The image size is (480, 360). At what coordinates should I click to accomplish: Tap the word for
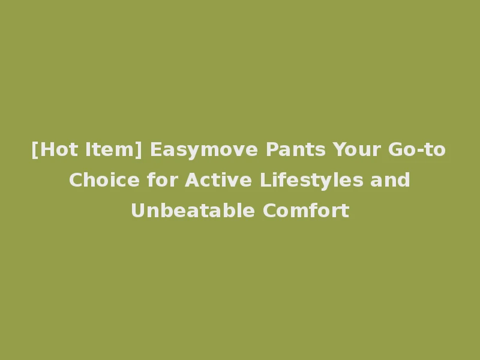(161, 180)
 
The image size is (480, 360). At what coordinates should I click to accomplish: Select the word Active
(213, 180)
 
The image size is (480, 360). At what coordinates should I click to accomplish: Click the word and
(391, 180)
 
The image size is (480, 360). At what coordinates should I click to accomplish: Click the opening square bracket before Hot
(34, 150)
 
